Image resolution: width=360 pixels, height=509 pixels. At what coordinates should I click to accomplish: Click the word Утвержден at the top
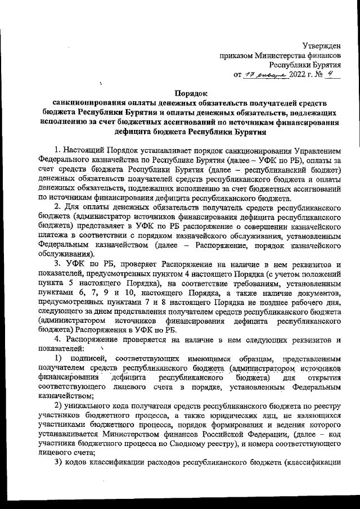coord(322,46)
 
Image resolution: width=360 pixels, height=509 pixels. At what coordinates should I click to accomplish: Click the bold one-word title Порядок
coord(192,94)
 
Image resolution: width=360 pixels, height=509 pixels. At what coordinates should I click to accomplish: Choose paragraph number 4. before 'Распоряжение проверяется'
coord(57,340)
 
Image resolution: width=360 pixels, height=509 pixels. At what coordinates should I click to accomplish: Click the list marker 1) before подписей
coord(58,359)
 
